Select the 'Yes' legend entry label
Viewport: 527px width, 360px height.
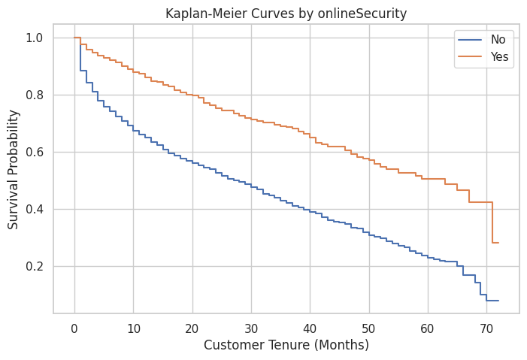coord(499,57)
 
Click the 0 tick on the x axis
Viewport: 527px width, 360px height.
coord(74,328)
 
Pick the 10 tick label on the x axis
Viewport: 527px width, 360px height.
coord(133,328)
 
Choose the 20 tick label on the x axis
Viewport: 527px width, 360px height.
coord(192,328)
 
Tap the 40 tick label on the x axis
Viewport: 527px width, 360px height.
coord(310,328)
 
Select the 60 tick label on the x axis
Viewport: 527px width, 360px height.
coord(428,328)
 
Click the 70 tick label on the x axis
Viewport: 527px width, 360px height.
coord(486,328)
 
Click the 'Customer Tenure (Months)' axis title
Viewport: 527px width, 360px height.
coord(286,346)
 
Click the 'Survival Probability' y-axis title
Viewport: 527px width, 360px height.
coord(14,169)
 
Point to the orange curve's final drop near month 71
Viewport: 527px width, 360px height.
coord(492,222)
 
